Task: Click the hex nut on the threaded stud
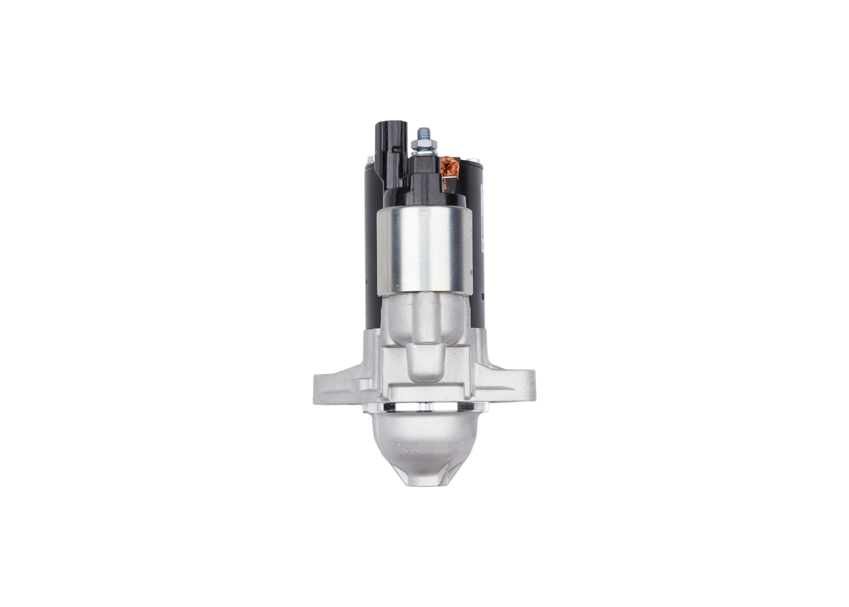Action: coord(423,144)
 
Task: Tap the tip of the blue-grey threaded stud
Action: coord(423,131)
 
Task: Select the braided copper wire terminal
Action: coord(450,167)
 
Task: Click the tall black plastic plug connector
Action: coord(389,153)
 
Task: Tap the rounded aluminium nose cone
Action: coord(424,442)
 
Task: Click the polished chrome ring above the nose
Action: coord(424,406)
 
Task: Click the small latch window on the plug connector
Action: coord(397,149)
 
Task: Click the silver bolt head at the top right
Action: coord(475,159)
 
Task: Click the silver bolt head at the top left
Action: coord(369,159)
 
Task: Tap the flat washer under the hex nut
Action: coord(423,152)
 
